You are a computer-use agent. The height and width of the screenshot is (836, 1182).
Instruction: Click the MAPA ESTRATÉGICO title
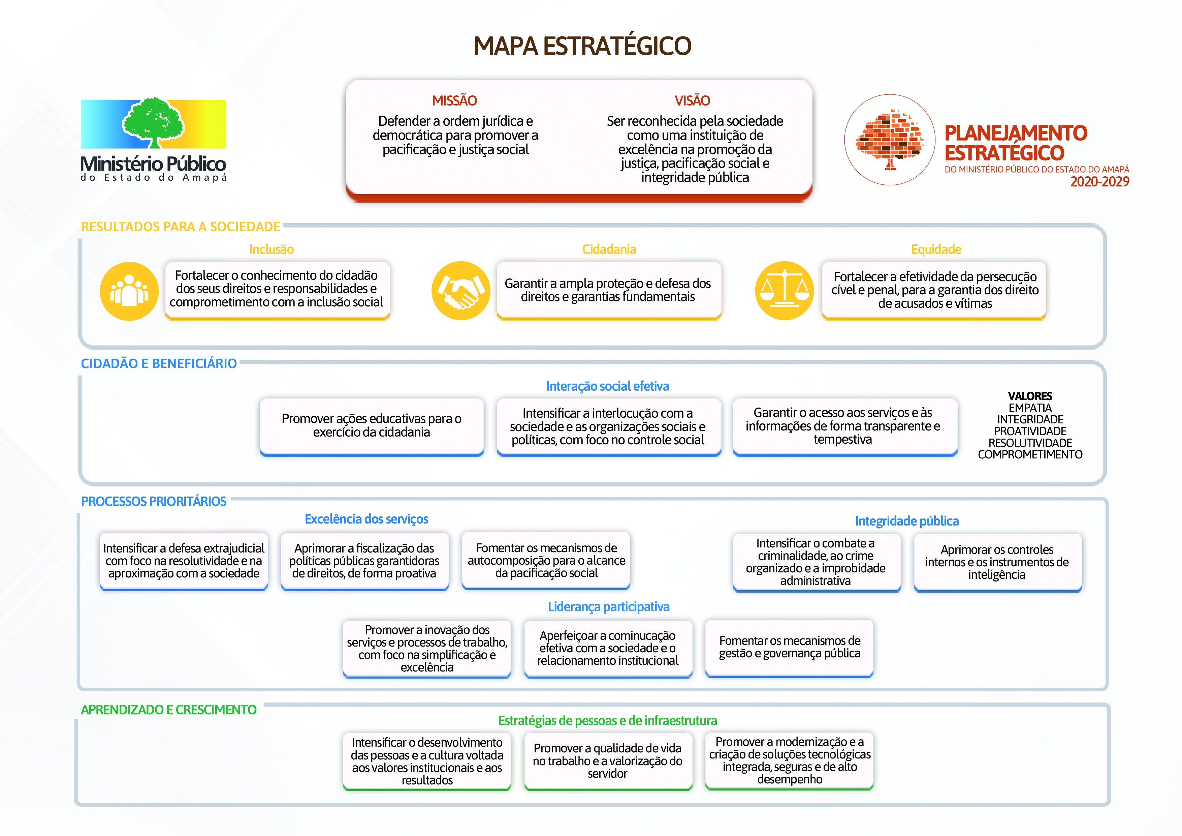[x=582, y=46]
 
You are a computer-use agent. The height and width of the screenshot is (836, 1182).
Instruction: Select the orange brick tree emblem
[x=890, y=140]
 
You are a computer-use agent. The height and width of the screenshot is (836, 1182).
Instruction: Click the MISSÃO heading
[x=454, y=100]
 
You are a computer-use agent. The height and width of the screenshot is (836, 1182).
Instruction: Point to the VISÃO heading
[x=693, y=100]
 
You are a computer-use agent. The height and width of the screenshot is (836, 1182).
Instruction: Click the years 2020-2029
[x=1099, y=182]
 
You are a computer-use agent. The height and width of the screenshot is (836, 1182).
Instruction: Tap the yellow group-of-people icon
[x=129, y=291]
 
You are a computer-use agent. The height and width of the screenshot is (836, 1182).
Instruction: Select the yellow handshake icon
[x=461, y=291]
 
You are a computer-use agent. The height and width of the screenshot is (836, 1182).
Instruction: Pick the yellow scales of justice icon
[x=785, y=291]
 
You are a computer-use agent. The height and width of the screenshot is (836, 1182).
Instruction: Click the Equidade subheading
[x=936, y=249]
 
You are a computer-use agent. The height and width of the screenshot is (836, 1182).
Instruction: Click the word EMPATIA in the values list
[x=1030, y=408]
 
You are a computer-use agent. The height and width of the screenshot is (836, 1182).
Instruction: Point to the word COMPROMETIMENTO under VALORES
[x=1030, y=455]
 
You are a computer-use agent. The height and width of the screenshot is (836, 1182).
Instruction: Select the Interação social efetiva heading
[x=607, y=386]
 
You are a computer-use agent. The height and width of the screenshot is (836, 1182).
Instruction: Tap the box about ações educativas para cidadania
[x=372, y=426]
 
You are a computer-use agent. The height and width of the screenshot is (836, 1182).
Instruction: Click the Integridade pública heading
[x=907, y=521]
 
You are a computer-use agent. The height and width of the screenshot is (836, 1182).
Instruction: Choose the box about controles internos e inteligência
[x=998, y=563]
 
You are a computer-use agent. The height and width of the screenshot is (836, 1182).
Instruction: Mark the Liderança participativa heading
[x=608, y=607]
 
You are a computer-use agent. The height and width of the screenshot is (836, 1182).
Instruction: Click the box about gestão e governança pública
[x=789, y=648]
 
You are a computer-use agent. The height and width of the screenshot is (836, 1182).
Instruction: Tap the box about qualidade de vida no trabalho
[x=608, y=761]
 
